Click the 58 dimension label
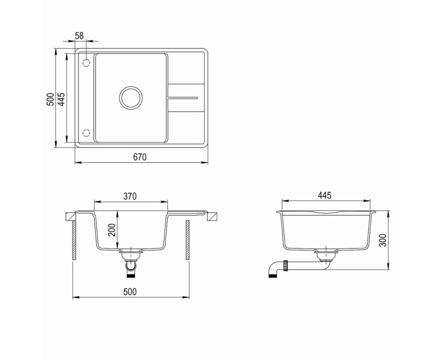(79, 35)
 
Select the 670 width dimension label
(140, 157)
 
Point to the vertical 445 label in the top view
(62, 99)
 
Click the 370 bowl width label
(130, 196)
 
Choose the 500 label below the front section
(130, 291)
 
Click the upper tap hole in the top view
(86, 63)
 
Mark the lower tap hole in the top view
(86, 132)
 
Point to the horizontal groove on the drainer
(182, 97)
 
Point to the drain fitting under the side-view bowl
(325, 255)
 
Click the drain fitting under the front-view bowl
(131, 255)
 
